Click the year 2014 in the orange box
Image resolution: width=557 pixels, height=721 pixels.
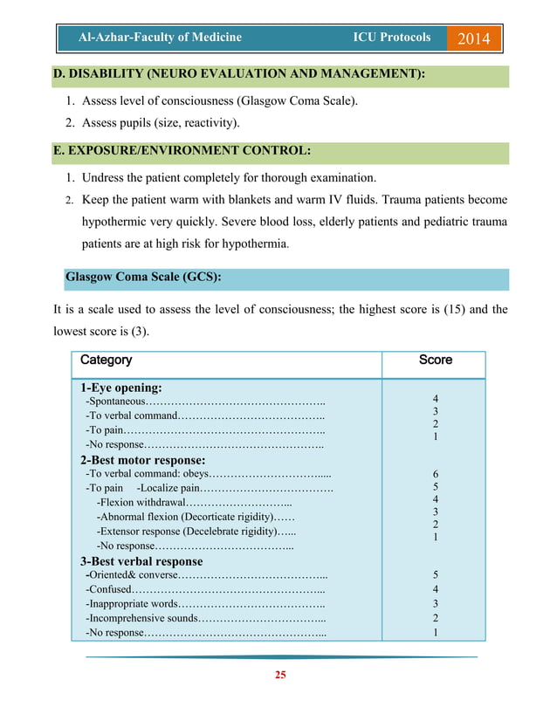coord(474,39)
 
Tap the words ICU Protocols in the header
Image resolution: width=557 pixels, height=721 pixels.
coord(391,38)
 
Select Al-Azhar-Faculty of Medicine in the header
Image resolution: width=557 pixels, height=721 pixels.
coord(160,38)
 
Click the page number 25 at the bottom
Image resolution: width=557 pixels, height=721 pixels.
coord(280,674)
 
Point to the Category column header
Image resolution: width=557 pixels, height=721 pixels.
coord(107,360)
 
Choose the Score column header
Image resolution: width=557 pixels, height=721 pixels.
coord(435,360)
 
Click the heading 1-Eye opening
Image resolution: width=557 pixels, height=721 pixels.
coord(121,388)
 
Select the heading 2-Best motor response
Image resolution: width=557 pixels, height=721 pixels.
coord(142,460)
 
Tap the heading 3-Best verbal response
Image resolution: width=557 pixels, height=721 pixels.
coord(141,561)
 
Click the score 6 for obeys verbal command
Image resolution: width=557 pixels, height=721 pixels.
coord(435,474)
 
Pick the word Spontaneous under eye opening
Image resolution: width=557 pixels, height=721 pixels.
coord(115,402)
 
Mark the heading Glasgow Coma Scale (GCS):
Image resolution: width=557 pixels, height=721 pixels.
coord(143,278)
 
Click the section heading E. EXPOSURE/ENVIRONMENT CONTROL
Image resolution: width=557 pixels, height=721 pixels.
coord(182,151)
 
